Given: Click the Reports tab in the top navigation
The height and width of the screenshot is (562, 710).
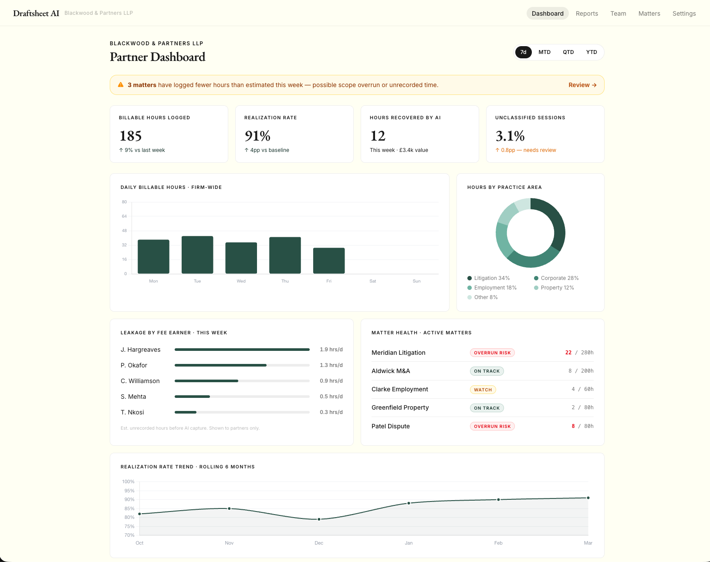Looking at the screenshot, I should [x=587, y=13].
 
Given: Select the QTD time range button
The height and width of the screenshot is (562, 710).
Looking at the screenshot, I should [x=568, y=52].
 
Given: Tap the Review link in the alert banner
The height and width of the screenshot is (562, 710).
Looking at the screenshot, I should [x=582, y=85].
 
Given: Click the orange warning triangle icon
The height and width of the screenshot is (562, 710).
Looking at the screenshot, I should [x=121, y=85].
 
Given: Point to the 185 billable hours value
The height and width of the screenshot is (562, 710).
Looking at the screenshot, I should [x=131, y=136].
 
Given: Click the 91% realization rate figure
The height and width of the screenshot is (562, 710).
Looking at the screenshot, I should [x=257, y=136].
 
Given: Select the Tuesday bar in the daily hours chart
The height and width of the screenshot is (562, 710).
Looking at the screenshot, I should [x=197, y=255].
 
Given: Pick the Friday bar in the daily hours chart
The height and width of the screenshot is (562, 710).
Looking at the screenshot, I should [x=329, y=260].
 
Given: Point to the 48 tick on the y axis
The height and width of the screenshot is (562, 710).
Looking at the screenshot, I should [x=124, y=231].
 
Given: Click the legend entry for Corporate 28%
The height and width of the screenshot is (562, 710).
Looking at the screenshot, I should [x=559, y=278].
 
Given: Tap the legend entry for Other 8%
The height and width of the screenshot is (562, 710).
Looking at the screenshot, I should [x=485, y=297].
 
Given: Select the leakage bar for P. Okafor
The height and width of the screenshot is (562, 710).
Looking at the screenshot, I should [x=220, y=365].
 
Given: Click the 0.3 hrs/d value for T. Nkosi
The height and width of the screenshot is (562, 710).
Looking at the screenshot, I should [x=331, y=412].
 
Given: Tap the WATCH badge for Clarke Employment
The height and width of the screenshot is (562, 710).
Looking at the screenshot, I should [x=483, y=390].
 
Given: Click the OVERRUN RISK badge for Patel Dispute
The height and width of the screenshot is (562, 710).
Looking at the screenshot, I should [x=492, y=426].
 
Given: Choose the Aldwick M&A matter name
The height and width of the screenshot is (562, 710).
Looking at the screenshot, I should [x=391, y=371].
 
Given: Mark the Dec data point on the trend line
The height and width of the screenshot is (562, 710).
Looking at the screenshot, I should [x=319, y=519].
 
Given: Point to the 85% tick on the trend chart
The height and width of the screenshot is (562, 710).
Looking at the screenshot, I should [x=129, y=508].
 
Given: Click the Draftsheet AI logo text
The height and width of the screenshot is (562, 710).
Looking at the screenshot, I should [x=36, y=13].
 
